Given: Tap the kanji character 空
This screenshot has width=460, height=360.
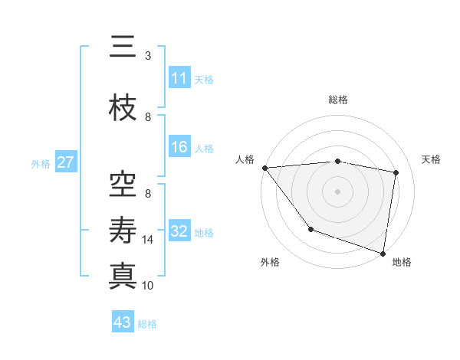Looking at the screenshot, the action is pos(123,182).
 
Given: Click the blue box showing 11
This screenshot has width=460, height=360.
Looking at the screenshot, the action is pos(179,78).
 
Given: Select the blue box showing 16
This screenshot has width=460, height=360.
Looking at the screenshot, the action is pos(179,147).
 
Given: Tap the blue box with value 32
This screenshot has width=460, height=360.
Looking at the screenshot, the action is pos(179,231).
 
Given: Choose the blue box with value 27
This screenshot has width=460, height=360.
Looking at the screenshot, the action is pos(65,162).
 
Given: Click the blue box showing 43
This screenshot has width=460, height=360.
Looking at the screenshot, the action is pos(122,322).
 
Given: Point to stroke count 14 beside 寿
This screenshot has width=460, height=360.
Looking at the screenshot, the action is pos(149,240).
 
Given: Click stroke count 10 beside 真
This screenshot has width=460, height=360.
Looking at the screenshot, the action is pos(149,285).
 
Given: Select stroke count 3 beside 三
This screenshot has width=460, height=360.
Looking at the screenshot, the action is pos(148,56).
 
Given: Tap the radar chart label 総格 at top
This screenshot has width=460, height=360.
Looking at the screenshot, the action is pos(338,100).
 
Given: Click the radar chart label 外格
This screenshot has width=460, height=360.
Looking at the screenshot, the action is pos(270,262).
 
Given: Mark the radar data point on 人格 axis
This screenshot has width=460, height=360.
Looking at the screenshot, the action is pos(264,168).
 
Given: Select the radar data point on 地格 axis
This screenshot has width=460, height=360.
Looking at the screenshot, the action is pos(383,253).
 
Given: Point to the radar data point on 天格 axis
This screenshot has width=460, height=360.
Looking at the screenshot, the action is pos(396,172).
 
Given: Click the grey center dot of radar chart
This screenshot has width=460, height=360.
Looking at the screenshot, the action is pos(338,191).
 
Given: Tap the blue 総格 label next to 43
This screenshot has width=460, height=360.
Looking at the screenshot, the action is pos(147,323).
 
